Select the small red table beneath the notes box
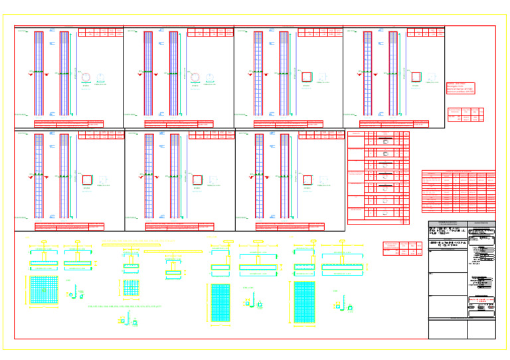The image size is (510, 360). [466, 114]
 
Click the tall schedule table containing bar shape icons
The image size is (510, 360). [378, 177]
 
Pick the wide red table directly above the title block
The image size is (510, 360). [458, 191]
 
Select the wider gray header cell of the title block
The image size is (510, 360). [448, 224]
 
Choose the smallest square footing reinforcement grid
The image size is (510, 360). [131, 288]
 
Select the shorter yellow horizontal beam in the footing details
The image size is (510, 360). [173, 252]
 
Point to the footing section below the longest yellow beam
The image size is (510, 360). [130, 268]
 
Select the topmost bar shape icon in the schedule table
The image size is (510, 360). [382, 141]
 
